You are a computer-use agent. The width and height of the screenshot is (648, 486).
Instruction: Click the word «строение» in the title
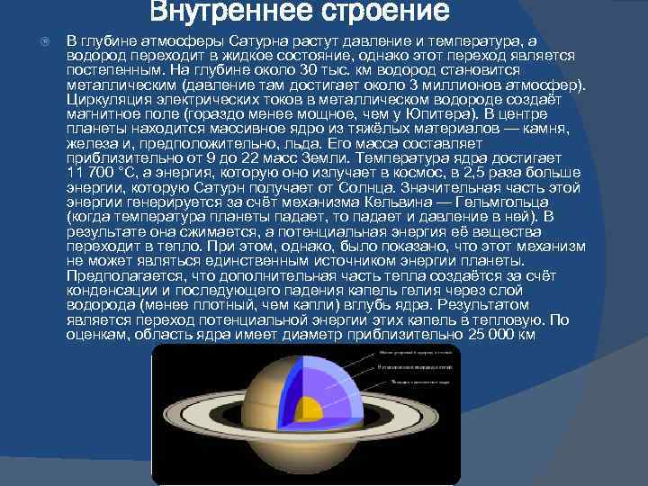(x=378, y=13)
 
